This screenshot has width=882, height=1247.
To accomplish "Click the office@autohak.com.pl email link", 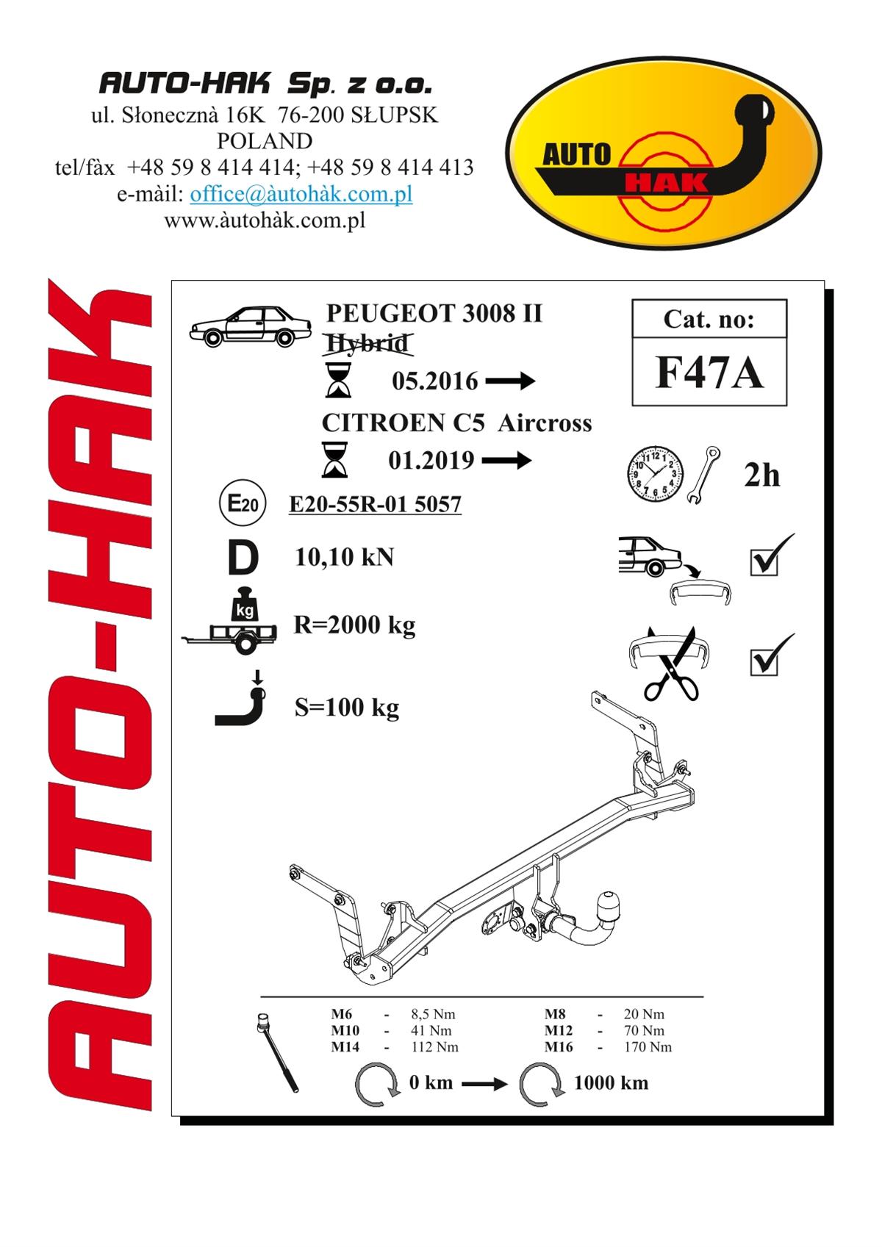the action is (301, 194).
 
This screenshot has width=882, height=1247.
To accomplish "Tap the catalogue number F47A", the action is (709, 373).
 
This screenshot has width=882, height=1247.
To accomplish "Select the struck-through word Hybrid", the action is (367, 343).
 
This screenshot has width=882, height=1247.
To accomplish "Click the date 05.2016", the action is (435, 381).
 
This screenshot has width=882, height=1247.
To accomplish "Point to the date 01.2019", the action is (431, 461).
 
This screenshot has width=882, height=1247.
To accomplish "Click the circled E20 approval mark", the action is (243, 503).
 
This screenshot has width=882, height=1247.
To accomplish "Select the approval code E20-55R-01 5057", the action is (375, 504).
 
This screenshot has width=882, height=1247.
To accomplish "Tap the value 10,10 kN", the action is (344, 557).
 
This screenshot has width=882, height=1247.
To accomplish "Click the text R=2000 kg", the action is (354, 625).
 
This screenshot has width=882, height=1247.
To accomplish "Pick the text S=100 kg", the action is (346, 708).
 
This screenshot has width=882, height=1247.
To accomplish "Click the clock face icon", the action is (656, 474).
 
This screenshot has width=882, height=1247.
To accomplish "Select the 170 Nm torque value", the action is (648, 1047).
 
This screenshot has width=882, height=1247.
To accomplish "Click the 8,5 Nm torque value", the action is (433, 1014).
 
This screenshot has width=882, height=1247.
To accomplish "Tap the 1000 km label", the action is (611, 1083).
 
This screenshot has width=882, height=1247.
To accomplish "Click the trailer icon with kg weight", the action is (230, 621).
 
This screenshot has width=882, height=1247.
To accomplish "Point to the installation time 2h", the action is (761, 475).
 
